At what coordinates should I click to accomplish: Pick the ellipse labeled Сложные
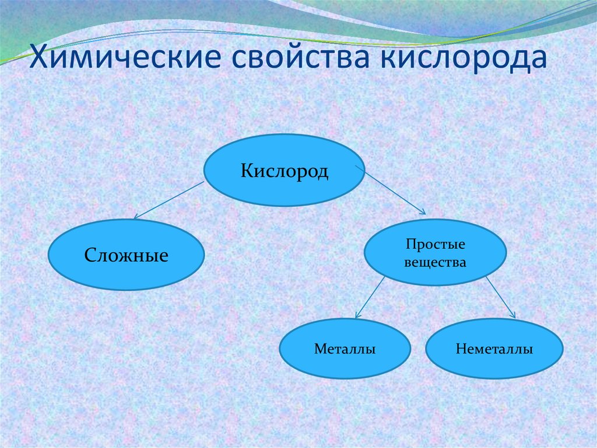126,275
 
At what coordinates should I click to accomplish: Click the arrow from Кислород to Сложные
169,200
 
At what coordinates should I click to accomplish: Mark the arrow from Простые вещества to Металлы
370,297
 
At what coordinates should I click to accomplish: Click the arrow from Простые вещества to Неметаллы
500,297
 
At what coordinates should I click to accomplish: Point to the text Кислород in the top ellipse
285,171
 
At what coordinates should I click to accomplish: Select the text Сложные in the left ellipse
126,255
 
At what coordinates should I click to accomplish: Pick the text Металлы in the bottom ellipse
344,349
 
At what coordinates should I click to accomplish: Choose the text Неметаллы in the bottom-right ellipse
494,349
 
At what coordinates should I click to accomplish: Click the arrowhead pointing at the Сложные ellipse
136,217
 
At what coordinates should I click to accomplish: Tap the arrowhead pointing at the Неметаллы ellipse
513,315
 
